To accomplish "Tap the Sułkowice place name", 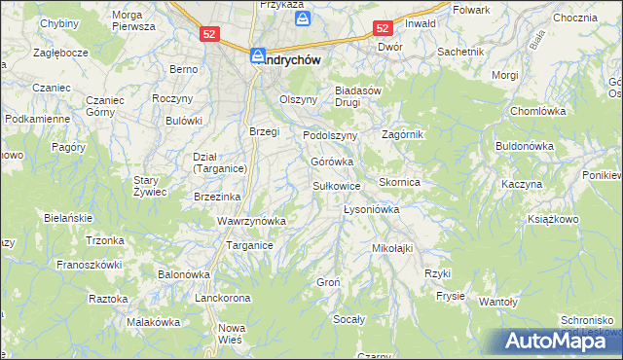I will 336,185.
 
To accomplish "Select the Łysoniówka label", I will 373,209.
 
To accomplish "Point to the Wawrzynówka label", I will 251,221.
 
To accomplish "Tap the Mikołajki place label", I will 392,248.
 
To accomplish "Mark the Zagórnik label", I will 403,134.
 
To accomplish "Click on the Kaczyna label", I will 521,184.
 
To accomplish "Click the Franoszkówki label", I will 89,264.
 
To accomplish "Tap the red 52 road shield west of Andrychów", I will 210,33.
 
